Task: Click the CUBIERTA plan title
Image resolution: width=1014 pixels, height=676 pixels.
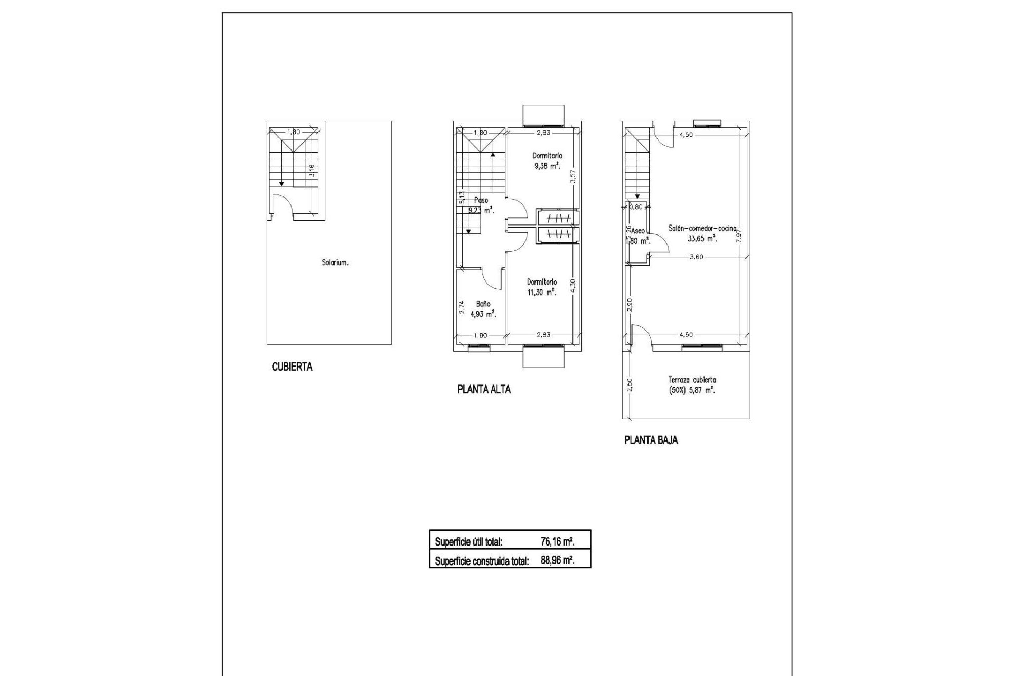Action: (292, 367)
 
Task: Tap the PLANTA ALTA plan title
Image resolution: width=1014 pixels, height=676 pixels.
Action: (484, 390)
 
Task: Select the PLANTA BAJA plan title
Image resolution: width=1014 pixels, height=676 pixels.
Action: (651, 440)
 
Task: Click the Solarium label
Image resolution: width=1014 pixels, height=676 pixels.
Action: (335, 262)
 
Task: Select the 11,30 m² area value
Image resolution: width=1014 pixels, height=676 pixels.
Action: (542, 292)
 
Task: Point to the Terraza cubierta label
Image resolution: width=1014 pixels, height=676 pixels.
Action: (692, 380)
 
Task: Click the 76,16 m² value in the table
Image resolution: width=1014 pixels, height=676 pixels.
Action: (557, 541)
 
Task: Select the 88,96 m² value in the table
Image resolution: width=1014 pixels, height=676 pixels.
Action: (557, 560)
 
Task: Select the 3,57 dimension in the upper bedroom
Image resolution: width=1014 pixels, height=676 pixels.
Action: (572, 175)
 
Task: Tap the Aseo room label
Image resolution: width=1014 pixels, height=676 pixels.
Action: (637, 231)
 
